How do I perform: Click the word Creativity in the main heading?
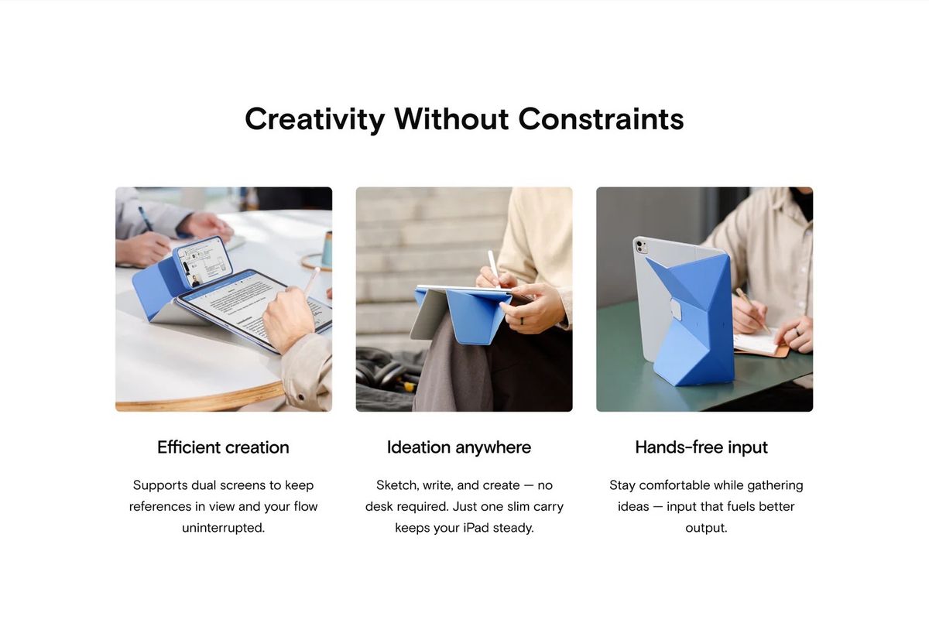coord(314,119)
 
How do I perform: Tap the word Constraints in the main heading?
coord(601,119)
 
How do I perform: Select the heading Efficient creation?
coord(223,447)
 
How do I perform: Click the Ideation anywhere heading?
coord(458,447)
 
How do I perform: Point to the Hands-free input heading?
coord(701,447)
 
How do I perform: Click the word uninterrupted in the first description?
coord(223,528)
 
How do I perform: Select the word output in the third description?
coord(706,528)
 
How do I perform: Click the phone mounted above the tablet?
coord(202,262)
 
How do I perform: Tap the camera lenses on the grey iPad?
coord(641,246)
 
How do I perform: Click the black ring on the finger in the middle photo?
coord(522,320)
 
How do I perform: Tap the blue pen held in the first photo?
coord(146,218)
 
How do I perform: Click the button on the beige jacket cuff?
coord(301,398)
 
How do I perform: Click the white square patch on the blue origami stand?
coord(676,310)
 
